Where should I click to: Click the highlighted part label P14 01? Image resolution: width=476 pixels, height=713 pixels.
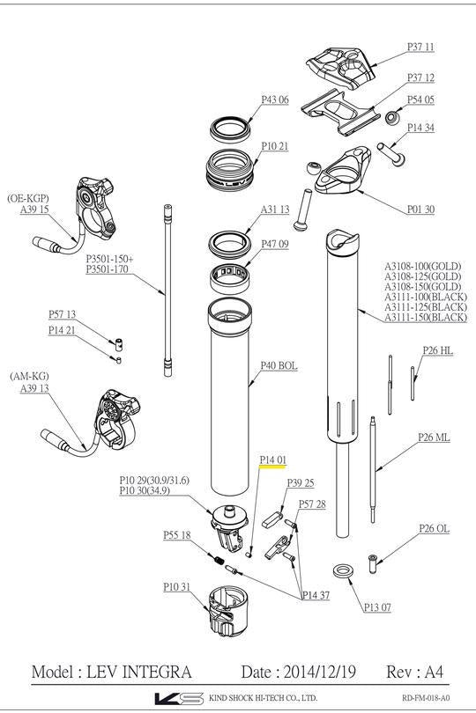click(272, 459)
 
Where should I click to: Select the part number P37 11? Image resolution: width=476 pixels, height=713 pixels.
click(420, 46)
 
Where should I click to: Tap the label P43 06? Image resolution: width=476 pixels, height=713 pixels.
click(274, 99)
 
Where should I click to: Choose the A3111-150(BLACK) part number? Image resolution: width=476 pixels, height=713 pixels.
click(425, 317)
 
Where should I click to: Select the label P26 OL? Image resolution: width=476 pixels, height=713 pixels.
click(434, 528)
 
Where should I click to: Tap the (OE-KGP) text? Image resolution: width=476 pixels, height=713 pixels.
click(28, 198)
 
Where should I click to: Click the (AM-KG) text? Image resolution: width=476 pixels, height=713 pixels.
click(29, 376)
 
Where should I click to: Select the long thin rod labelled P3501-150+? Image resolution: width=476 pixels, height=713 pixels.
click(165, 290)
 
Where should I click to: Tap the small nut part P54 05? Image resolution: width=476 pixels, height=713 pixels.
click(393, 116)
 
